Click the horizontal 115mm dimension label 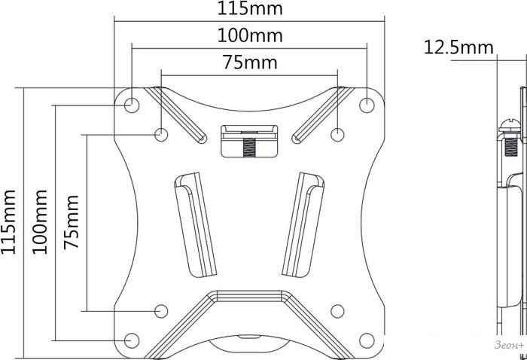pos(250,8)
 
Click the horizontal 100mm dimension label pos(250,35)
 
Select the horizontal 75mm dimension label pos(251,63)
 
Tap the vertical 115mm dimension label pos(8,221)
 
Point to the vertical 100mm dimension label pos(39,221)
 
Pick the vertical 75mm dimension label pos(72,222)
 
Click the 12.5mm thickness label pos(458,47)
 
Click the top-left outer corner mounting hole pos(132,105)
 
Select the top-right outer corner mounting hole pos(367,105)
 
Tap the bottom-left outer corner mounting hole pos(132,340)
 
